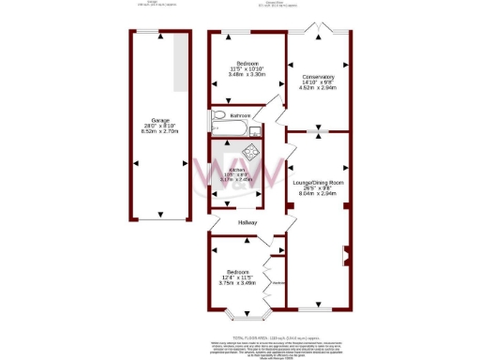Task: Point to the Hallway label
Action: (x=247, y=222)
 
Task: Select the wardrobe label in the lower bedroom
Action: (x=277, y=282)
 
